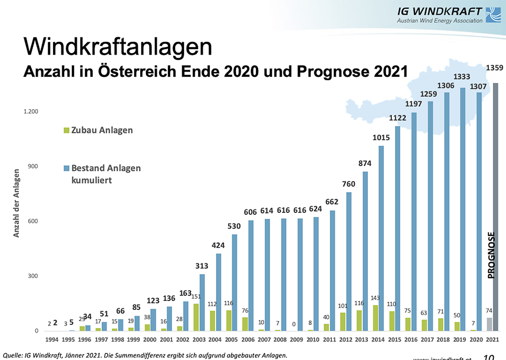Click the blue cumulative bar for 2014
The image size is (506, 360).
[x=381, y=238]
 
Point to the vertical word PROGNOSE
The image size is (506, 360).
[x=490, y=255]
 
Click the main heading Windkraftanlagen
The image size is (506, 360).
[x=117, y=46]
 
